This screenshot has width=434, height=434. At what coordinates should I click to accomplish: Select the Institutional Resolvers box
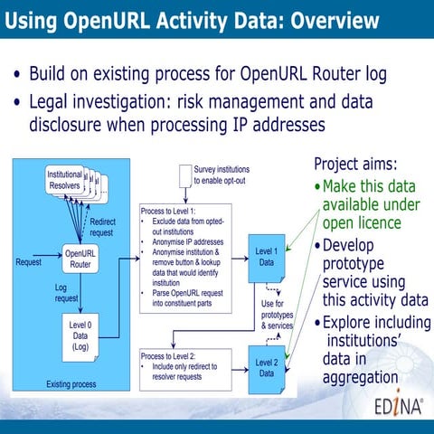(64, 180)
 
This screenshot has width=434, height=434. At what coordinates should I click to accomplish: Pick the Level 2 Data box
(267, 368)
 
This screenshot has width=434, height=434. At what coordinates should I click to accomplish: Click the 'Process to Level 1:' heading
(175, 212)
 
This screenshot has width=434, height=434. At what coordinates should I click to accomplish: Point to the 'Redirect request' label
(101, 226)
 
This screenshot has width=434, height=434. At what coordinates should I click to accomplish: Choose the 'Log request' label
(66, 292)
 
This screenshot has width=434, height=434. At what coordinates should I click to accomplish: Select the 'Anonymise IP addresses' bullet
(195, 241)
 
